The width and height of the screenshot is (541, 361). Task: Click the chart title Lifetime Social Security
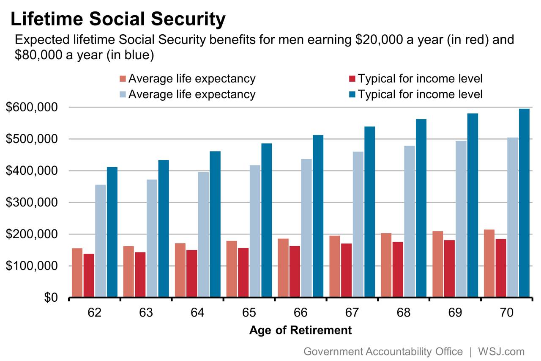click(117, 19)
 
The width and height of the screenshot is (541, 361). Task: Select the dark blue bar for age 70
click(524, 203)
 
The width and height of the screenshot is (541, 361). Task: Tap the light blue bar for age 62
click(101, 241)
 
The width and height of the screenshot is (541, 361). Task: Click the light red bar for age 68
click(386, 265)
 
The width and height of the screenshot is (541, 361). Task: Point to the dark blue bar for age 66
click(318, 216)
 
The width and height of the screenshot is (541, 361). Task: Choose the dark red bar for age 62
click(89, 276)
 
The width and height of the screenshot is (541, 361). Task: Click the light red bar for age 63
click(128, 272)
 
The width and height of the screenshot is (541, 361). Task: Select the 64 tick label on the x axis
click(197, 313)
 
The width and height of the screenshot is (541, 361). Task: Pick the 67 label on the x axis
click(352, 313)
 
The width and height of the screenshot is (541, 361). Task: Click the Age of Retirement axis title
click(300, 330)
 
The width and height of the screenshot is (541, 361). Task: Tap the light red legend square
click(123, 79)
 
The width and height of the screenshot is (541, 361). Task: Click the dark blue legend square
click(352, 94)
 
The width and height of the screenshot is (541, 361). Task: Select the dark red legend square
click(352, 79)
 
